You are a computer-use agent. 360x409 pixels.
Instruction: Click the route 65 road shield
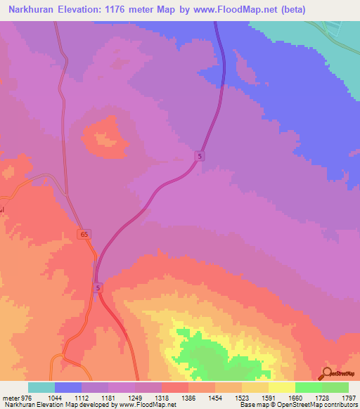pos(84,234)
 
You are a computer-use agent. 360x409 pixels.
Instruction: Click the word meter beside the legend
pos(11,398)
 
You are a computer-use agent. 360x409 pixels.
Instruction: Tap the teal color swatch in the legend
pos(41,387)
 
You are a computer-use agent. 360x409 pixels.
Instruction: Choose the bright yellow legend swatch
pos(282,387)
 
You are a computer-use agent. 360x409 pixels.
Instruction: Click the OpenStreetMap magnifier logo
pos(327,373)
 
